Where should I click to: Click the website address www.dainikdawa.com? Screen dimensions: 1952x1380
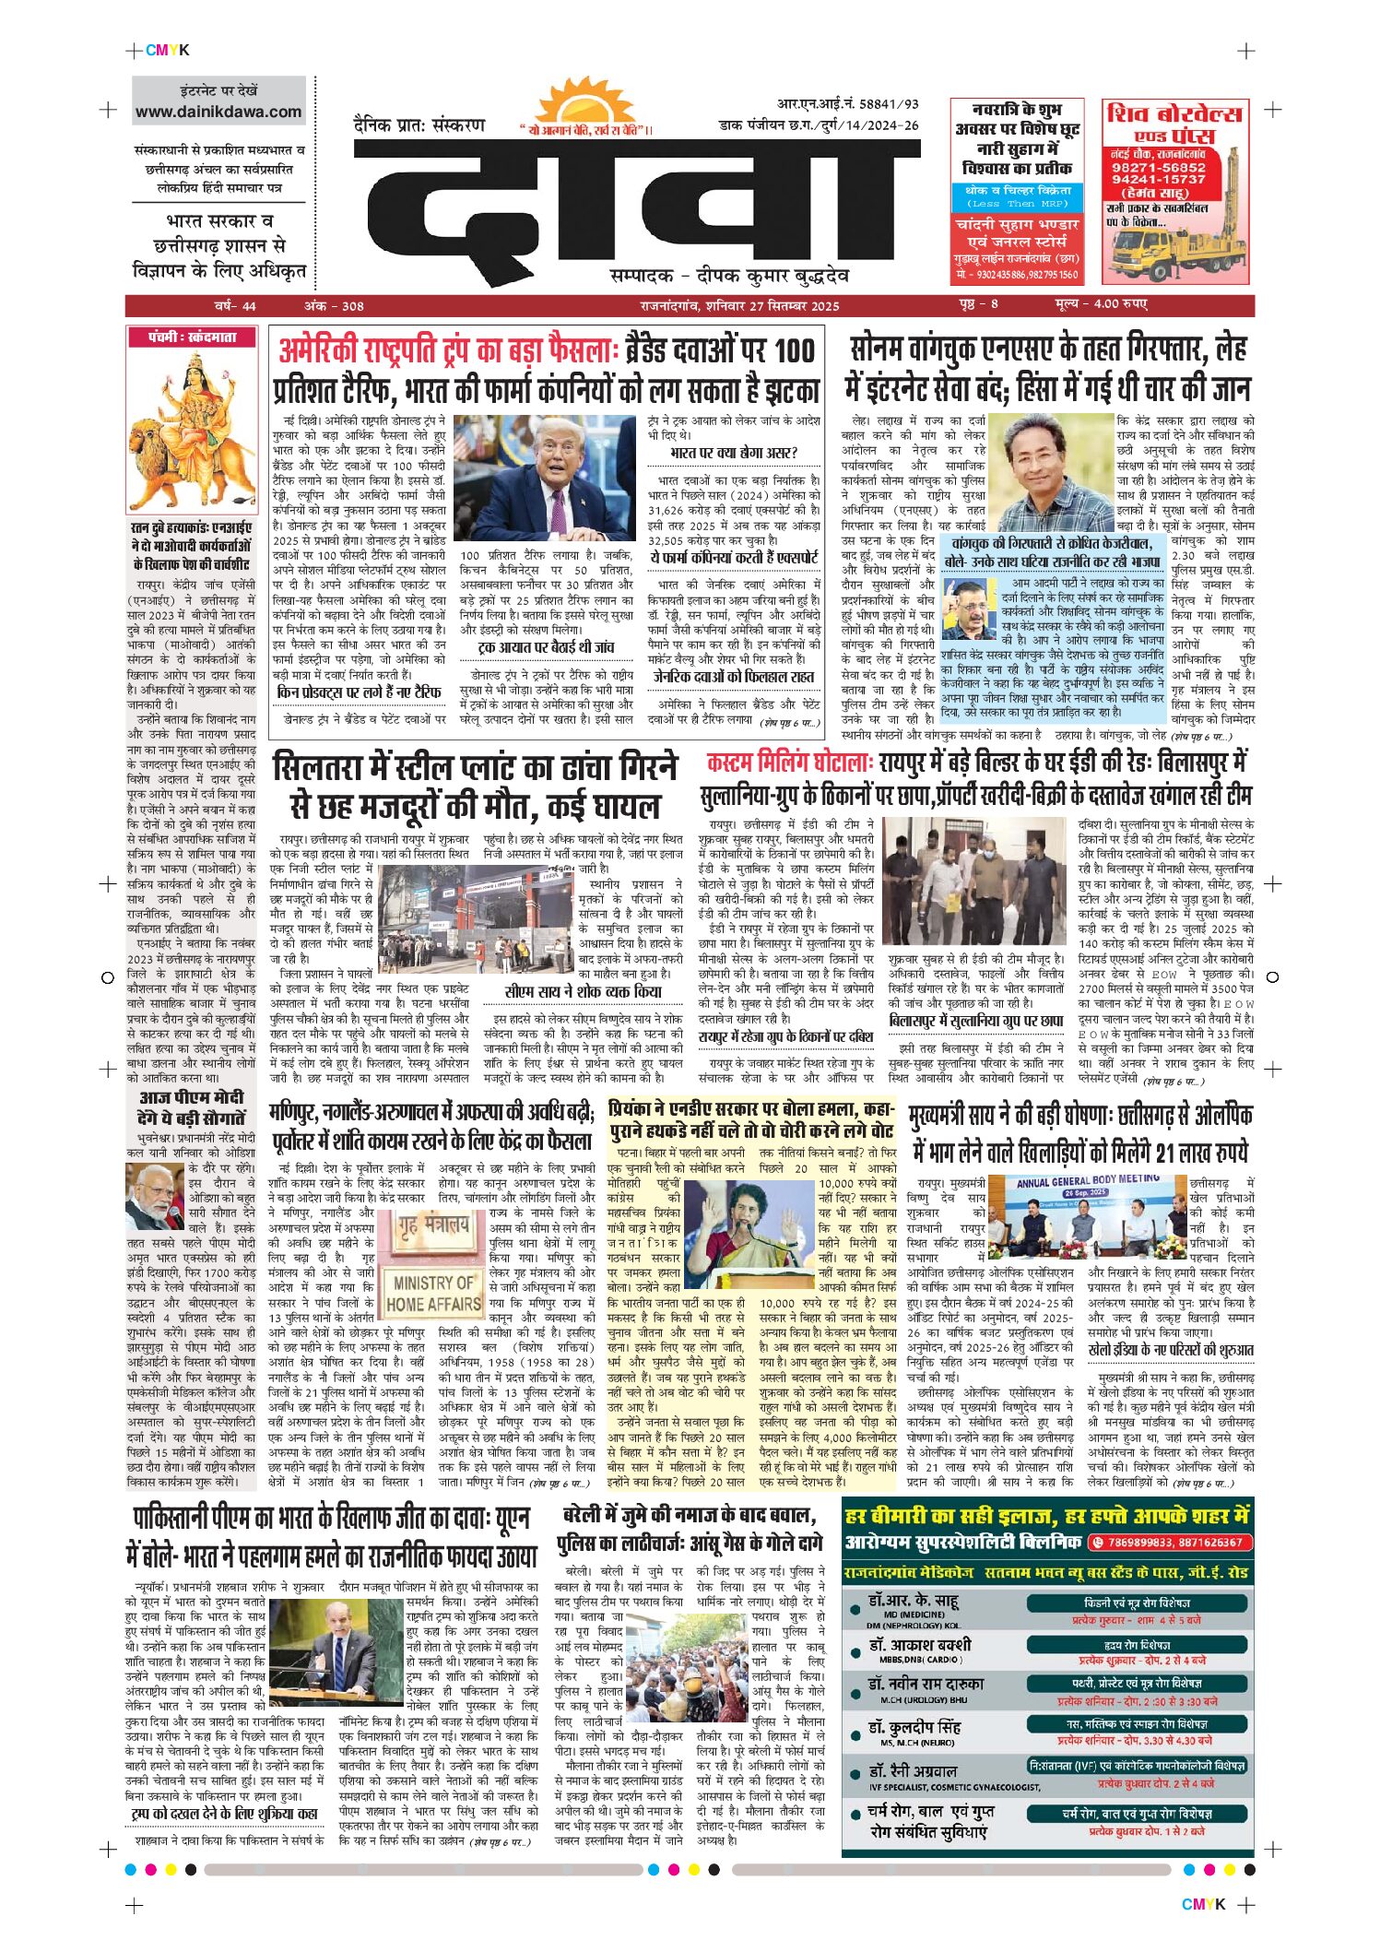[218, 112]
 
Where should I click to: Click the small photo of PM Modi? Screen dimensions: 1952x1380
[155, 1197]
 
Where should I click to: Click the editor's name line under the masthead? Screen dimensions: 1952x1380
[728, 276]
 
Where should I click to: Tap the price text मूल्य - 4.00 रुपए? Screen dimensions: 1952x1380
[1101, 305]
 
